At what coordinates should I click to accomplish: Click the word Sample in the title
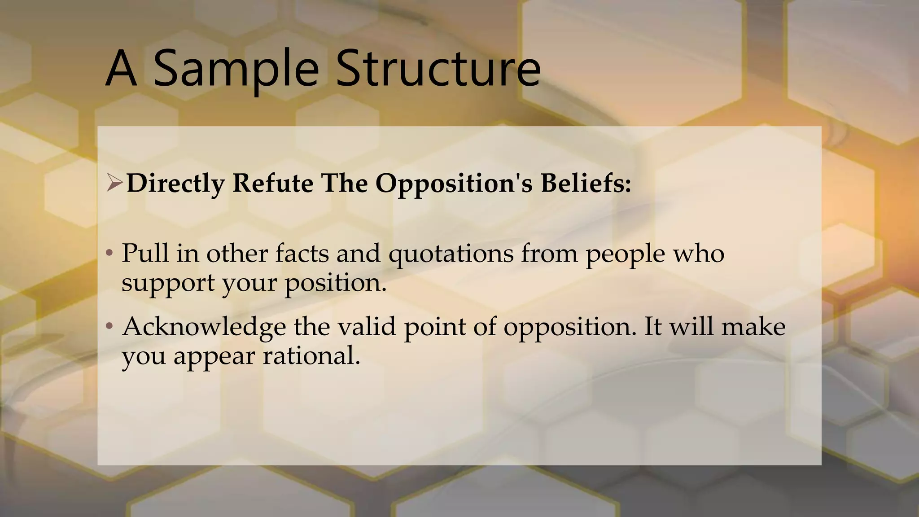tap(236, 68)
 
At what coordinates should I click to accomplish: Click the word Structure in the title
tap(438, 68)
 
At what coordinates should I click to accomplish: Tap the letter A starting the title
tap(121, 68)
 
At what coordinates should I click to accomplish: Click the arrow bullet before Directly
tap(114, 183)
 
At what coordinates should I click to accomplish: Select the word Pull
tap(145, 253)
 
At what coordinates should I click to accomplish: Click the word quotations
tap(451, 254)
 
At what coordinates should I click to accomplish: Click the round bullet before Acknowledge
tap(109, 326)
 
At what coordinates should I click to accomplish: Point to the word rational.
tap(311, 356)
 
